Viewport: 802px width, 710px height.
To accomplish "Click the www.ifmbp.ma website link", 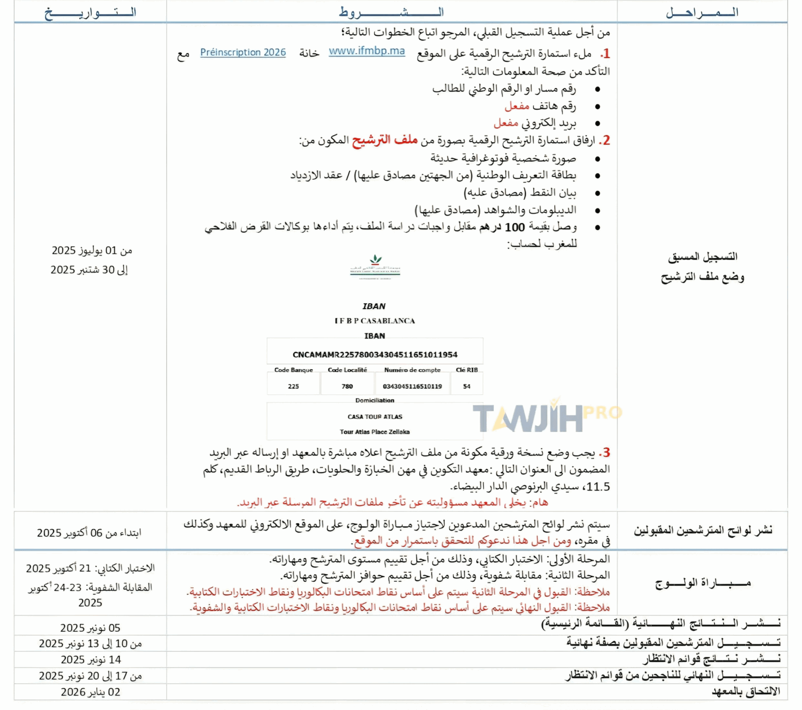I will click(x=366, y=51).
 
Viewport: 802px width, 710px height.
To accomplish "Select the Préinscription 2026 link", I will click(x=243, y=52).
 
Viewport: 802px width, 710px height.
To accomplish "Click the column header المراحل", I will click(x=702, y=12).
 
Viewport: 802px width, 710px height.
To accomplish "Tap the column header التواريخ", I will click(x=90, y=12).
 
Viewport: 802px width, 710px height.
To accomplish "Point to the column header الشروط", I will click(x=391, y=12).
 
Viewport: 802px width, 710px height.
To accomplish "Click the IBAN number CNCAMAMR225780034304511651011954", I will click(x=375, y=355).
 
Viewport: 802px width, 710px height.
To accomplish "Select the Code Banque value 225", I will click(x=293, y=386).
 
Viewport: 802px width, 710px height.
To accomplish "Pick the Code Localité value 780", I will click(x=347, y=386).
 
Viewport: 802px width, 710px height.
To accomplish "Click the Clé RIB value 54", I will click(x=467, y=386).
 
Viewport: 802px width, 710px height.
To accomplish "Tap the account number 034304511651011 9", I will click(x=412, y=386).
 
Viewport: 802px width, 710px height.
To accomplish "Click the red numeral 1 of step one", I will click(x=606, y=54).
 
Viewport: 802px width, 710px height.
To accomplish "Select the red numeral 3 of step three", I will click(x=606, y=452).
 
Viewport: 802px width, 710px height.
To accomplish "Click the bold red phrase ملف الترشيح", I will click(x=384, y=140).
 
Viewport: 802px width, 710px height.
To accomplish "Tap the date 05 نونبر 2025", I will click(x=90, y=628).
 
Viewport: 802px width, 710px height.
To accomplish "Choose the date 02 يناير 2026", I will click(x=90, y=692).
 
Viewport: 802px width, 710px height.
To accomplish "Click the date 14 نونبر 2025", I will click(x=91, y=660).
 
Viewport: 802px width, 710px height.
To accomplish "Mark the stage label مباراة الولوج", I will click(x=703, y=583).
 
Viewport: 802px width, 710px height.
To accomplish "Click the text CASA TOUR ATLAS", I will click(x=375, y=416).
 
